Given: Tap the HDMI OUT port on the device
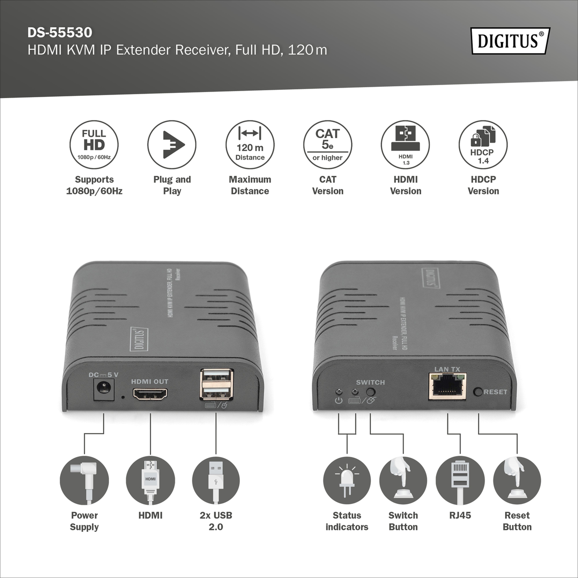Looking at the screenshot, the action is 150,394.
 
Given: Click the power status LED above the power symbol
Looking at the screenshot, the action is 339,391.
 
